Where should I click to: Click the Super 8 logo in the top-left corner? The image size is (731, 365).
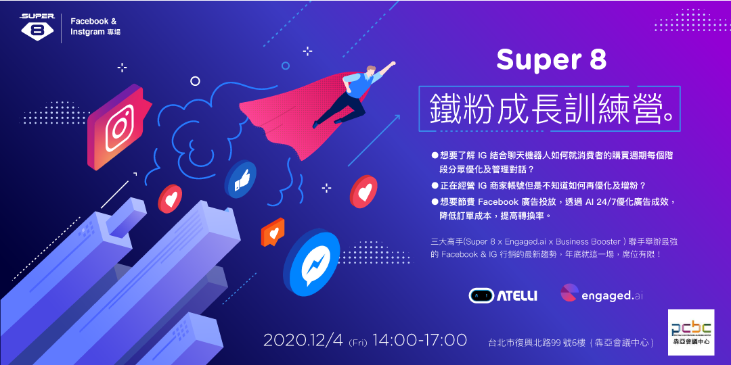click(37, 26)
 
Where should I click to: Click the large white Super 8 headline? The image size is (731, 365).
click(551, 59)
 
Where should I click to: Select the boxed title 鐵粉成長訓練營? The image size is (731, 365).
click(545, 108)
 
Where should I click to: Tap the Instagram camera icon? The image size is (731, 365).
click(118, 126)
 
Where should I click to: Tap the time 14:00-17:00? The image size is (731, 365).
click(419, 340)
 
